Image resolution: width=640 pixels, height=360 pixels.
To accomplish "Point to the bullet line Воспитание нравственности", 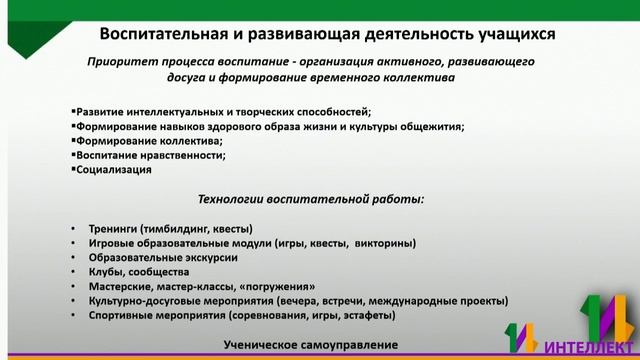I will (x=151, y=155).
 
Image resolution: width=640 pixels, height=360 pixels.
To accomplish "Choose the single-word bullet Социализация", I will (x=115, y=169).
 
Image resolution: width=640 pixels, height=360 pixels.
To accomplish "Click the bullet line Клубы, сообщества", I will (x=138, y=271).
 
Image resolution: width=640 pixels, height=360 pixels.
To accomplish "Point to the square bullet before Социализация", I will (x=74, y=169).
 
